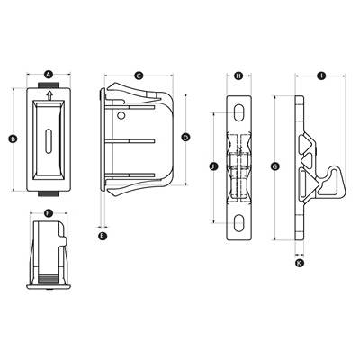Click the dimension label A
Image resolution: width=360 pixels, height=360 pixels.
click(49, 74)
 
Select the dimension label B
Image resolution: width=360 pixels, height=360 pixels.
click(13, 139)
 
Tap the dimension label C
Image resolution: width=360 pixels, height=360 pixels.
click(139, 76)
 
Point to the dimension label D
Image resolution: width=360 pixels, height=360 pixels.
click(186, 138)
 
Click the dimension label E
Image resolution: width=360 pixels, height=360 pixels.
click(103, 236)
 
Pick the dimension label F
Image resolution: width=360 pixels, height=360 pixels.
click(49, 213)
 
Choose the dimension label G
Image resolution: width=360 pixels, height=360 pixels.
click(275, 166)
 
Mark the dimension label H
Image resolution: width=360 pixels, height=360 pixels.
click(238, 76)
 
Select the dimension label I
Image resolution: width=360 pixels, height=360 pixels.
click(321, 76)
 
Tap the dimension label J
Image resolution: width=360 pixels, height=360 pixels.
click(213, 166)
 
